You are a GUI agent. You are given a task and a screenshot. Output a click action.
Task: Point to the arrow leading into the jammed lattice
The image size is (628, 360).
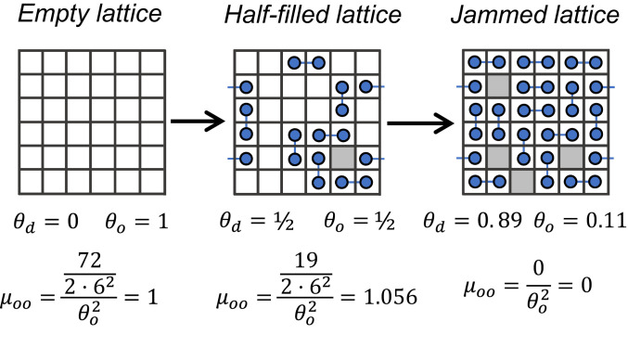419,121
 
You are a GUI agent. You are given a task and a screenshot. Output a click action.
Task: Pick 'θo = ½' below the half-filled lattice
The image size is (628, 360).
358,224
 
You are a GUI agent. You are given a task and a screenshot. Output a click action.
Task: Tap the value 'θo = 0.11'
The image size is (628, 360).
575,224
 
